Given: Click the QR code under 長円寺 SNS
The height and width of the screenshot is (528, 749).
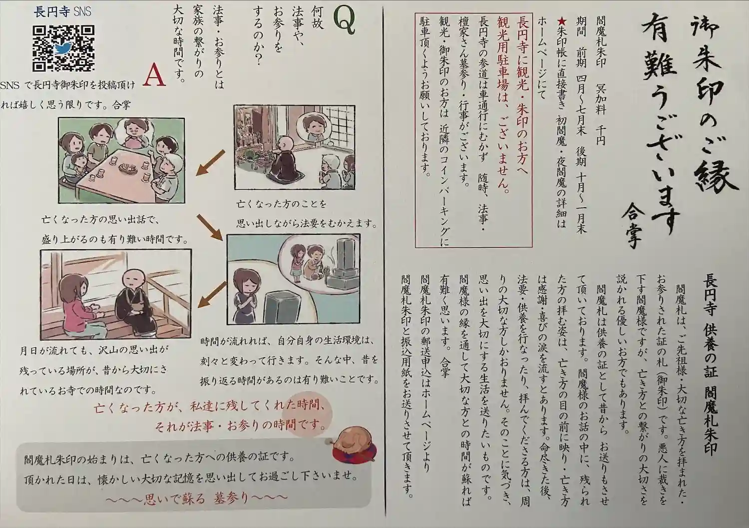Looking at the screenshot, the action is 63,48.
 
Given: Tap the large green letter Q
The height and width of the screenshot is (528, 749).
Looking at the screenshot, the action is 344,20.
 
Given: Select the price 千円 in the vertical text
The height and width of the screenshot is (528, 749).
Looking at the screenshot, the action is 600,135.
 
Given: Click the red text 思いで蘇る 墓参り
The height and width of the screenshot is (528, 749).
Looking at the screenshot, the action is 197,499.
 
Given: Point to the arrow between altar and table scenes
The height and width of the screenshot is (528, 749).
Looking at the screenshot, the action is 211,163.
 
